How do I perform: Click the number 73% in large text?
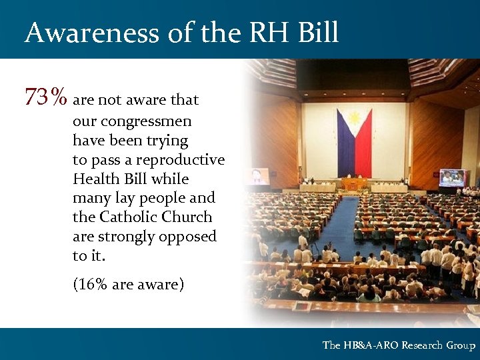45,98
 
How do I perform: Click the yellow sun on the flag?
354,121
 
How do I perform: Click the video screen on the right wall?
453,177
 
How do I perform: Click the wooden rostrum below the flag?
354,183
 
